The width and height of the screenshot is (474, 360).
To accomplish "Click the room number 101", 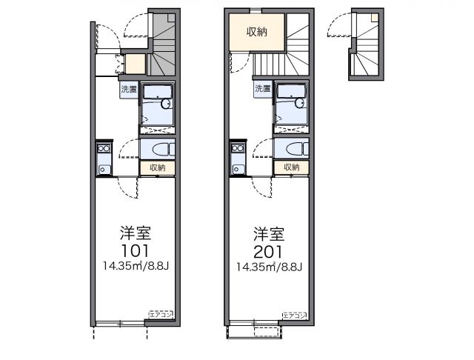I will coord(136,250).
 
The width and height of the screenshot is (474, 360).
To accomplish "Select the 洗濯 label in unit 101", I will coord(129,90).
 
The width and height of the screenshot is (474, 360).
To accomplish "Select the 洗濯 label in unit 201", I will coord(263,90).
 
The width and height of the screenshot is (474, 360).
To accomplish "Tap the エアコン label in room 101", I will coord(161,315).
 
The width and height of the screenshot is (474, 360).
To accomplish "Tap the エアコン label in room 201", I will coord(294,315).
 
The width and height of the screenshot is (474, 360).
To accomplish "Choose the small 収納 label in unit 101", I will coord(157,168).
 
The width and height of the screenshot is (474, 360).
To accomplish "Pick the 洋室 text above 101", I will coord(136,232).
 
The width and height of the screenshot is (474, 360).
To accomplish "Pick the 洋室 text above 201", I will coord(269,232).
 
